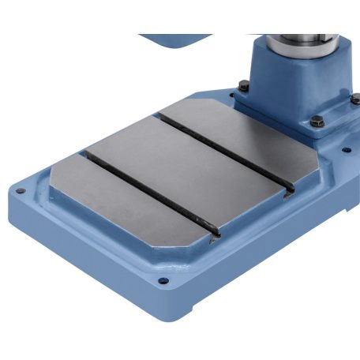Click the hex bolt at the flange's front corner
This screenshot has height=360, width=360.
[x=317, y=122]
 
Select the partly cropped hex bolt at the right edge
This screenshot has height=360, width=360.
[x=354, y=99]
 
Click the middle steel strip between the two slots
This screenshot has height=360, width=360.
[x=189, y=170]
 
